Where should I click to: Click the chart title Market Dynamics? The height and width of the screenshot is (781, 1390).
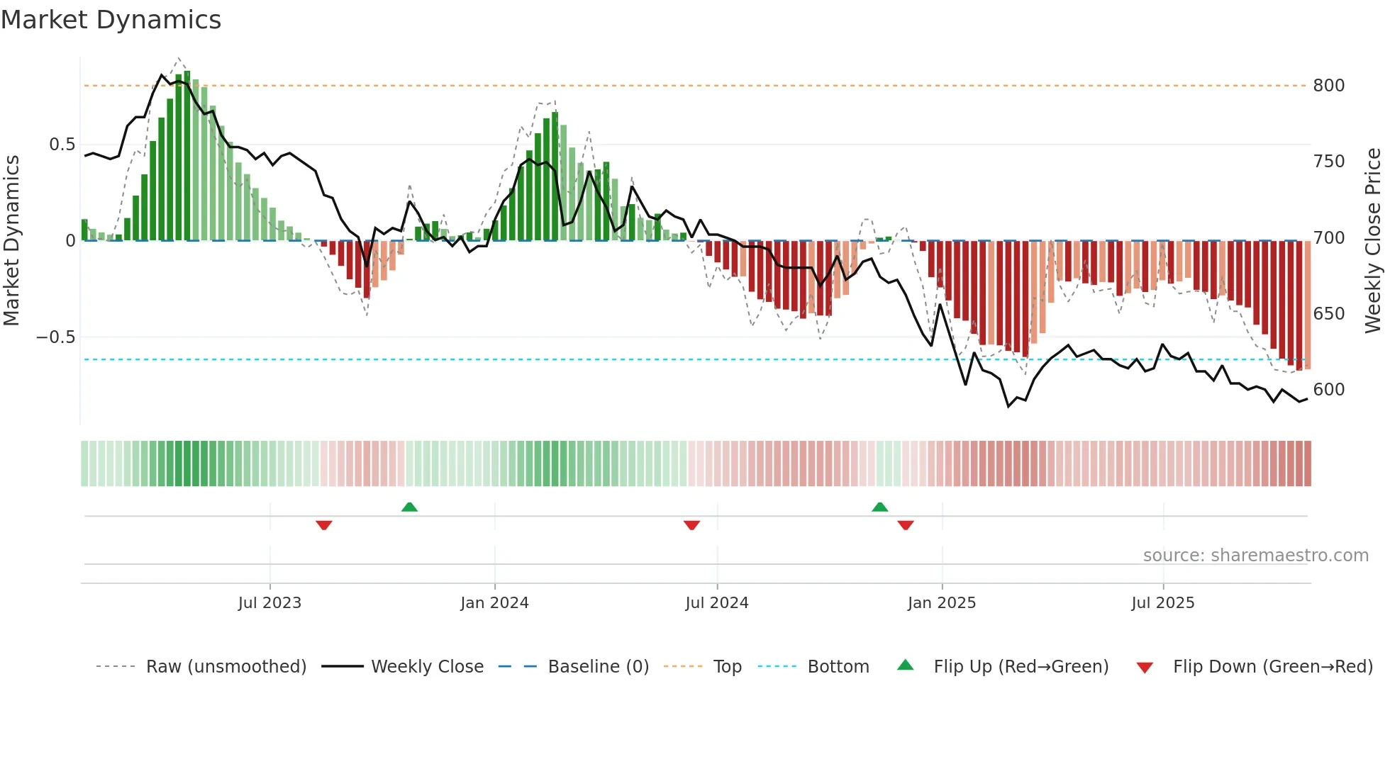pyautogui.click(x=111, y=20)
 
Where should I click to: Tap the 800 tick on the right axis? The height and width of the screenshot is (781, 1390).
pyautogui.click(x=1328, y=86)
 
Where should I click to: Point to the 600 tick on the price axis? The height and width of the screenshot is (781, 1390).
pyautogui.click(x=1328, y=390)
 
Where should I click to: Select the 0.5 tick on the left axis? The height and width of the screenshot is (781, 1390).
pyautogui.click(x=62, y=145)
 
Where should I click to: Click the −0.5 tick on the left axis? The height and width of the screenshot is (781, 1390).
pyautogui.click(x=56, y=337)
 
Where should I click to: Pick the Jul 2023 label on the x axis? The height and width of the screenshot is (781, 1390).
pyautogui.click(x=269, y=603)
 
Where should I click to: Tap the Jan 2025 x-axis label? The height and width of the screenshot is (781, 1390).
pyautogui.click(x=941, y=603)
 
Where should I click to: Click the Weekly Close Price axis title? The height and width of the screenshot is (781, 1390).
pyautogui.click(x=1373, y=241)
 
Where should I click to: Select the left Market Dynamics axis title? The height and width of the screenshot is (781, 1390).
pyautogui.click(x=11, y=241)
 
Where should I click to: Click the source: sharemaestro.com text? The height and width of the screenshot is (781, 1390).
pyautogui.click(x=1255, y=556)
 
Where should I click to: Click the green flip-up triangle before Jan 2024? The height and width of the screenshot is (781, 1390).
pyautogui.click(x=409, y=507)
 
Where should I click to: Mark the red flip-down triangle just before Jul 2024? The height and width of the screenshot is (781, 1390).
pyautogui.click(x=691, y=525)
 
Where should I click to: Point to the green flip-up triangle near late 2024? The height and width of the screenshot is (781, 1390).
pyautogui.click(x=879, y=507)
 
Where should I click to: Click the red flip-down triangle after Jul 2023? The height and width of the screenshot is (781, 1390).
pyautogui.click(x=324, y=525)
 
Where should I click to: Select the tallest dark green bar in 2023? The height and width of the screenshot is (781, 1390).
pyautogui.click(x=187, y=156)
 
